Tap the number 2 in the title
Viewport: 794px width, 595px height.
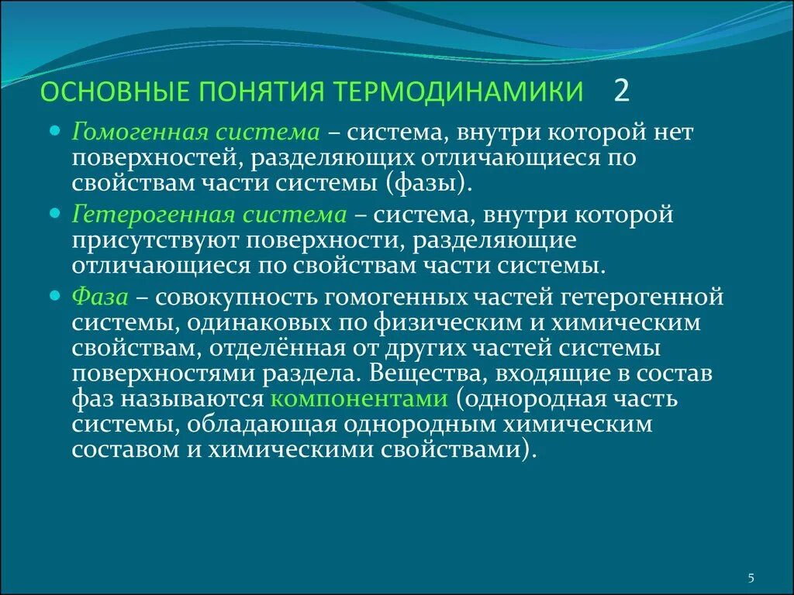[x=621, y=91]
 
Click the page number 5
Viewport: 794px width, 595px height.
[x=751, y=577]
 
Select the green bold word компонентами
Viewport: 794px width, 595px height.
[x=360, y=399]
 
